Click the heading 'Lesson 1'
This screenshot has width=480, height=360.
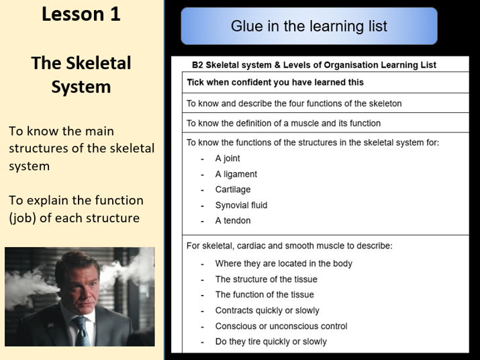click(x=81, y=15)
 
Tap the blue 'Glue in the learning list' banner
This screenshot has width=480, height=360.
click(x=309, y=26)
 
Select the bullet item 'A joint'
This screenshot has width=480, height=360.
click(x=228, y=159)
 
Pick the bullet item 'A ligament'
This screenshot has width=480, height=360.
click(x=236, y=174)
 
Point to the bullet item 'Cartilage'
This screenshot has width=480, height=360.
click(x=232, y=189)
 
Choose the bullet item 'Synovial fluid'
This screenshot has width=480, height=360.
click(x=241, y=205)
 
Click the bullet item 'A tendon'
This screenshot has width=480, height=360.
click(x=232, y=220)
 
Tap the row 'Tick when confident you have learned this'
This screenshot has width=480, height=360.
click(x=275, y=83)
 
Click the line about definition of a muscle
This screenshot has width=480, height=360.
click(x=283, y=123)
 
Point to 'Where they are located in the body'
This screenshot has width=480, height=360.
click(x=283, y=264)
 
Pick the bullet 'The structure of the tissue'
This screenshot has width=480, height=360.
click(x=266, y=279)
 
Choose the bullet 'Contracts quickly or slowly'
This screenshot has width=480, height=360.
click(x=267, y=310)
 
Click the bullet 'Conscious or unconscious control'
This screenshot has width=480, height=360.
click(x=281, y=326)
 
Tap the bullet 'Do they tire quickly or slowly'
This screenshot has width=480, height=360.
click(x=271, y=341)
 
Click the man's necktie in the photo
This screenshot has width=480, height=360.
click(x=81, y=330)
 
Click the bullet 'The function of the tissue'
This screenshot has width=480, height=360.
click(x=264, y=295)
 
